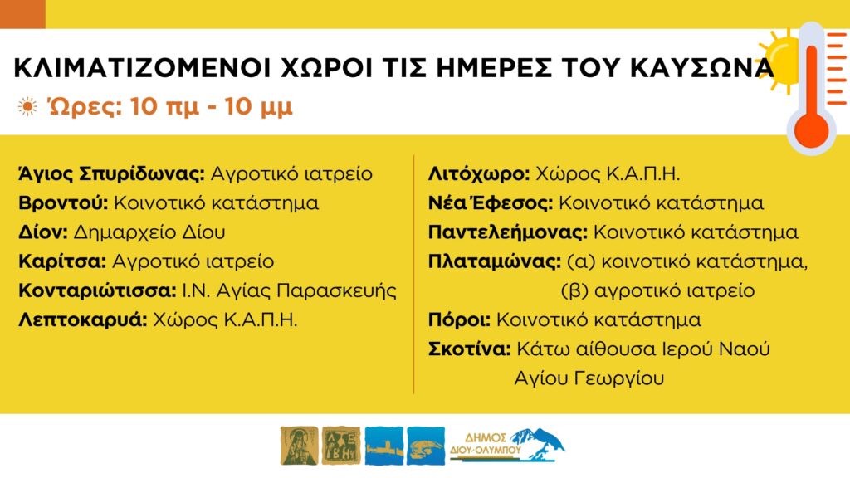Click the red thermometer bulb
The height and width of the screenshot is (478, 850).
pos(812,129)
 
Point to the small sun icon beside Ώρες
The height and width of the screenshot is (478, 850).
pos(27,106)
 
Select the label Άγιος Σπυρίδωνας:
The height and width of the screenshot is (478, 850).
pos(112,174)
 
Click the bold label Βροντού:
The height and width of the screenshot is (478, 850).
pos(63,202)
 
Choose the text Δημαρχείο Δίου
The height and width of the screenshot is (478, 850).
pos(149,232)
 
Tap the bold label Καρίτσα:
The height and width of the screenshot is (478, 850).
pos(62,261)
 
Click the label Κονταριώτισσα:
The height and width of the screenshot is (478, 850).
pos(98,290)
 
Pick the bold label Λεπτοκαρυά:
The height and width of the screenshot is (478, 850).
pos(83,320)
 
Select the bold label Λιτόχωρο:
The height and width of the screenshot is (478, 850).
pos(479,174)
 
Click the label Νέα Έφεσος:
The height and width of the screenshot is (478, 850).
pos(491,202)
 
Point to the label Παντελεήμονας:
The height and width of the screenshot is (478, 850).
pos(508,232)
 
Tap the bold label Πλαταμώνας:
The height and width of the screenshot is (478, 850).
pos(495,261)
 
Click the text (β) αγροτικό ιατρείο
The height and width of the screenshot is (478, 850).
pos(657,291)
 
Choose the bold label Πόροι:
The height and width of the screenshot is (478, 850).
pos(459,319)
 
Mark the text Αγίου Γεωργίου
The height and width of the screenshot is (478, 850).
pos(589,378)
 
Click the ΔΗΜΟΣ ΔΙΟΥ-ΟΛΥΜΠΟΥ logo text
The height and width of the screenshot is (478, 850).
pos(485,444)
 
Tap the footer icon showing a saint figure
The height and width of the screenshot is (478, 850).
pos(299,446)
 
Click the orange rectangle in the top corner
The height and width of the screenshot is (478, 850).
pos(22,14)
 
